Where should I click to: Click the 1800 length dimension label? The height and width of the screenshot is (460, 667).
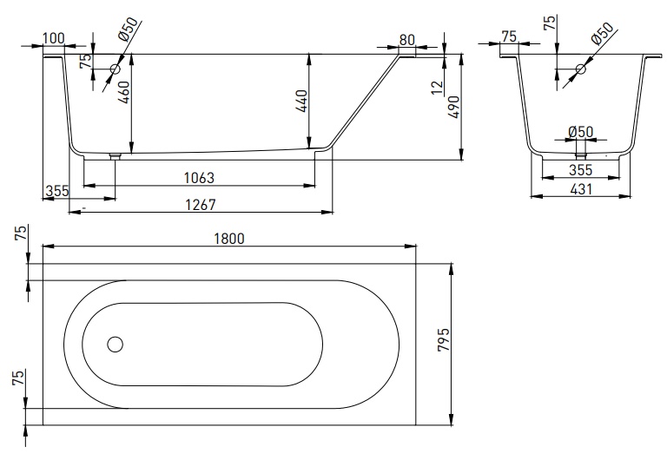[229, 239]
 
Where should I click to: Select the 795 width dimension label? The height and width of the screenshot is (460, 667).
[443, 339]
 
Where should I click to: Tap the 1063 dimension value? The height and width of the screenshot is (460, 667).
[199, 178]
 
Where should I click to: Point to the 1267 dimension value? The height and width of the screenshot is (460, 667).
[201, 205]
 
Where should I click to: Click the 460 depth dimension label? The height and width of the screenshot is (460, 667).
[124, 92]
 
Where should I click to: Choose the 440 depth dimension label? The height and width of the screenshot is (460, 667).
[301, 101]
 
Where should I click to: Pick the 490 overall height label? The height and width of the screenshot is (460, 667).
[454, 107]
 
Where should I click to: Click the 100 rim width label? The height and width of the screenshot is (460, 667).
[54, 38]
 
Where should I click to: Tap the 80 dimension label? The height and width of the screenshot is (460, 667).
[407, 40]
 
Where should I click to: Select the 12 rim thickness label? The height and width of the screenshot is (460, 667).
[438, 88]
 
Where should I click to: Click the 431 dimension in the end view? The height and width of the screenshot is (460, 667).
[581, 188]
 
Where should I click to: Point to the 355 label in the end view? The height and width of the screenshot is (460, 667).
[581, 170]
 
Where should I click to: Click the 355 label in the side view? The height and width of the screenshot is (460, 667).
[57, 191]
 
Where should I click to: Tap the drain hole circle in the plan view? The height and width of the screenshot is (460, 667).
[116, 345]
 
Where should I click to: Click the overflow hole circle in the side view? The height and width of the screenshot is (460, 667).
[116, 69]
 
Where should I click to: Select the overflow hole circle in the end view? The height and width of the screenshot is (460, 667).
[581, 69]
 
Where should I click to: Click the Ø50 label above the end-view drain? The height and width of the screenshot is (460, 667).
[581, 132]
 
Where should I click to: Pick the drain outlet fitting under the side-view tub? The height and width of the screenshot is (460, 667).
[115, 156]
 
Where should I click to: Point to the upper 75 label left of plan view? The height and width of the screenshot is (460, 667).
[21, 233]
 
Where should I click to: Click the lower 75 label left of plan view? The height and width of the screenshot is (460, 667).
[19, 378]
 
